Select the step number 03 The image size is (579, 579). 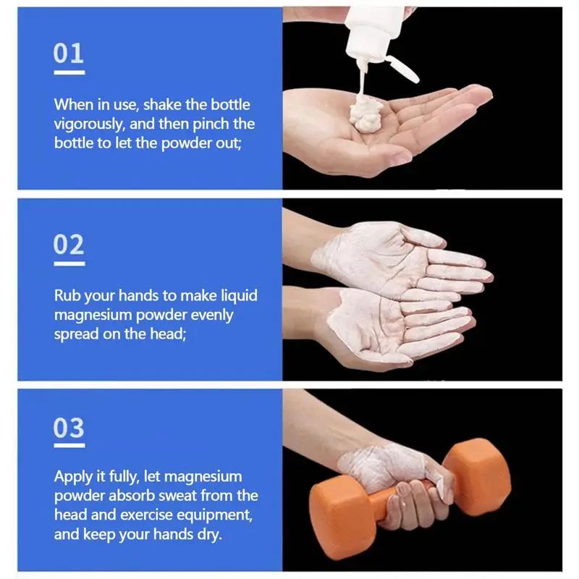click(x=69, y=428)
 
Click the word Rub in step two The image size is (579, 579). click(x=67, y=295)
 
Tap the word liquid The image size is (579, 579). click(x=240, y=295)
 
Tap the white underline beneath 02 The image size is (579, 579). click(x=69, y=263)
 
